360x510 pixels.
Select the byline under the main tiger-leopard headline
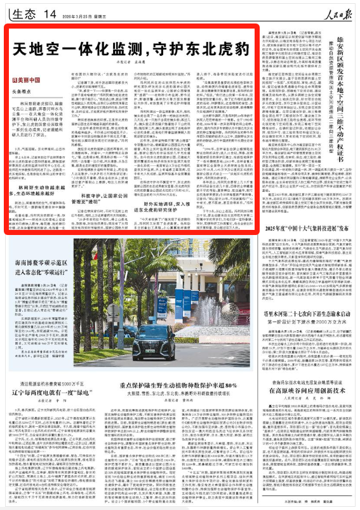(x=128, y=67)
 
